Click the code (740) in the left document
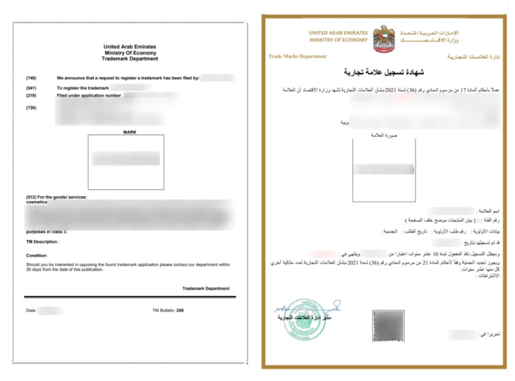(x=31, y=78)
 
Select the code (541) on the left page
(x=31, y=89)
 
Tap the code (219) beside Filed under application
(x=31, y=96)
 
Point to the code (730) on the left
(x=31, y=108)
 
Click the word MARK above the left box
(x=129, y=132)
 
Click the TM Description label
(x=42, y=241)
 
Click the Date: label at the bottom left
(x=31, y=310)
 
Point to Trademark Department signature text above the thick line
(x=206, y=288)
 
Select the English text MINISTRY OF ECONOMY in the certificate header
(x=338, y=40)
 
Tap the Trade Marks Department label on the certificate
(x=297, y=57)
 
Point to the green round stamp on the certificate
(x=301, y=317)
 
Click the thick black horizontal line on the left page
(x=129, y=297)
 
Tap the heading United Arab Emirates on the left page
(x=130, y=46)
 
